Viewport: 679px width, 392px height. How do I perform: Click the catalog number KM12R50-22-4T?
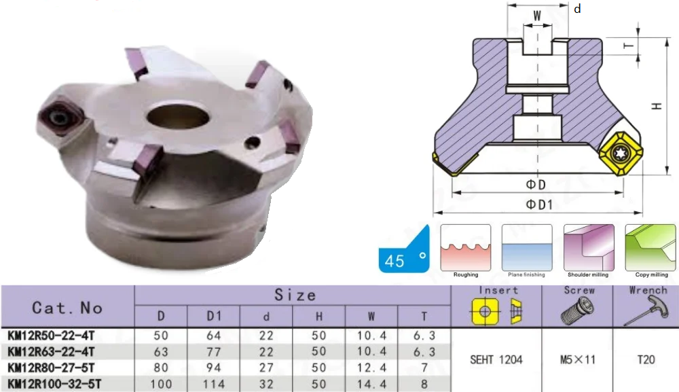coord(51,336)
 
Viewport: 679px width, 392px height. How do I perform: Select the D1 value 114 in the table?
coord(214,385)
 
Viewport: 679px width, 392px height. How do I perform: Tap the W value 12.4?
coord(371,368)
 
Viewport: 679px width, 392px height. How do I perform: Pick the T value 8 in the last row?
coord(424,385)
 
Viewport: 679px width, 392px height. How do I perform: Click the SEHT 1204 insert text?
coord(496,359)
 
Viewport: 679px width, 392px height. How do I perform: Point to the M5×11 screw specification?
coord(578,359)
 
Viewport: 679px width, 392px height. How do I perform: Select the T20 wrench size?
coord(646,359)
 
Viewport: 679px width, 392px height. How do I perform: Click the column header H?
coord(319,317)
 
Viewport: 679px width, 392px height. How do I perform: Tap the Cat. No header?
coord(67,308)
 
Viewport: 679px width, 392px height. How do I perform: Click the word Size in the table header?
coord(295,296)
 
